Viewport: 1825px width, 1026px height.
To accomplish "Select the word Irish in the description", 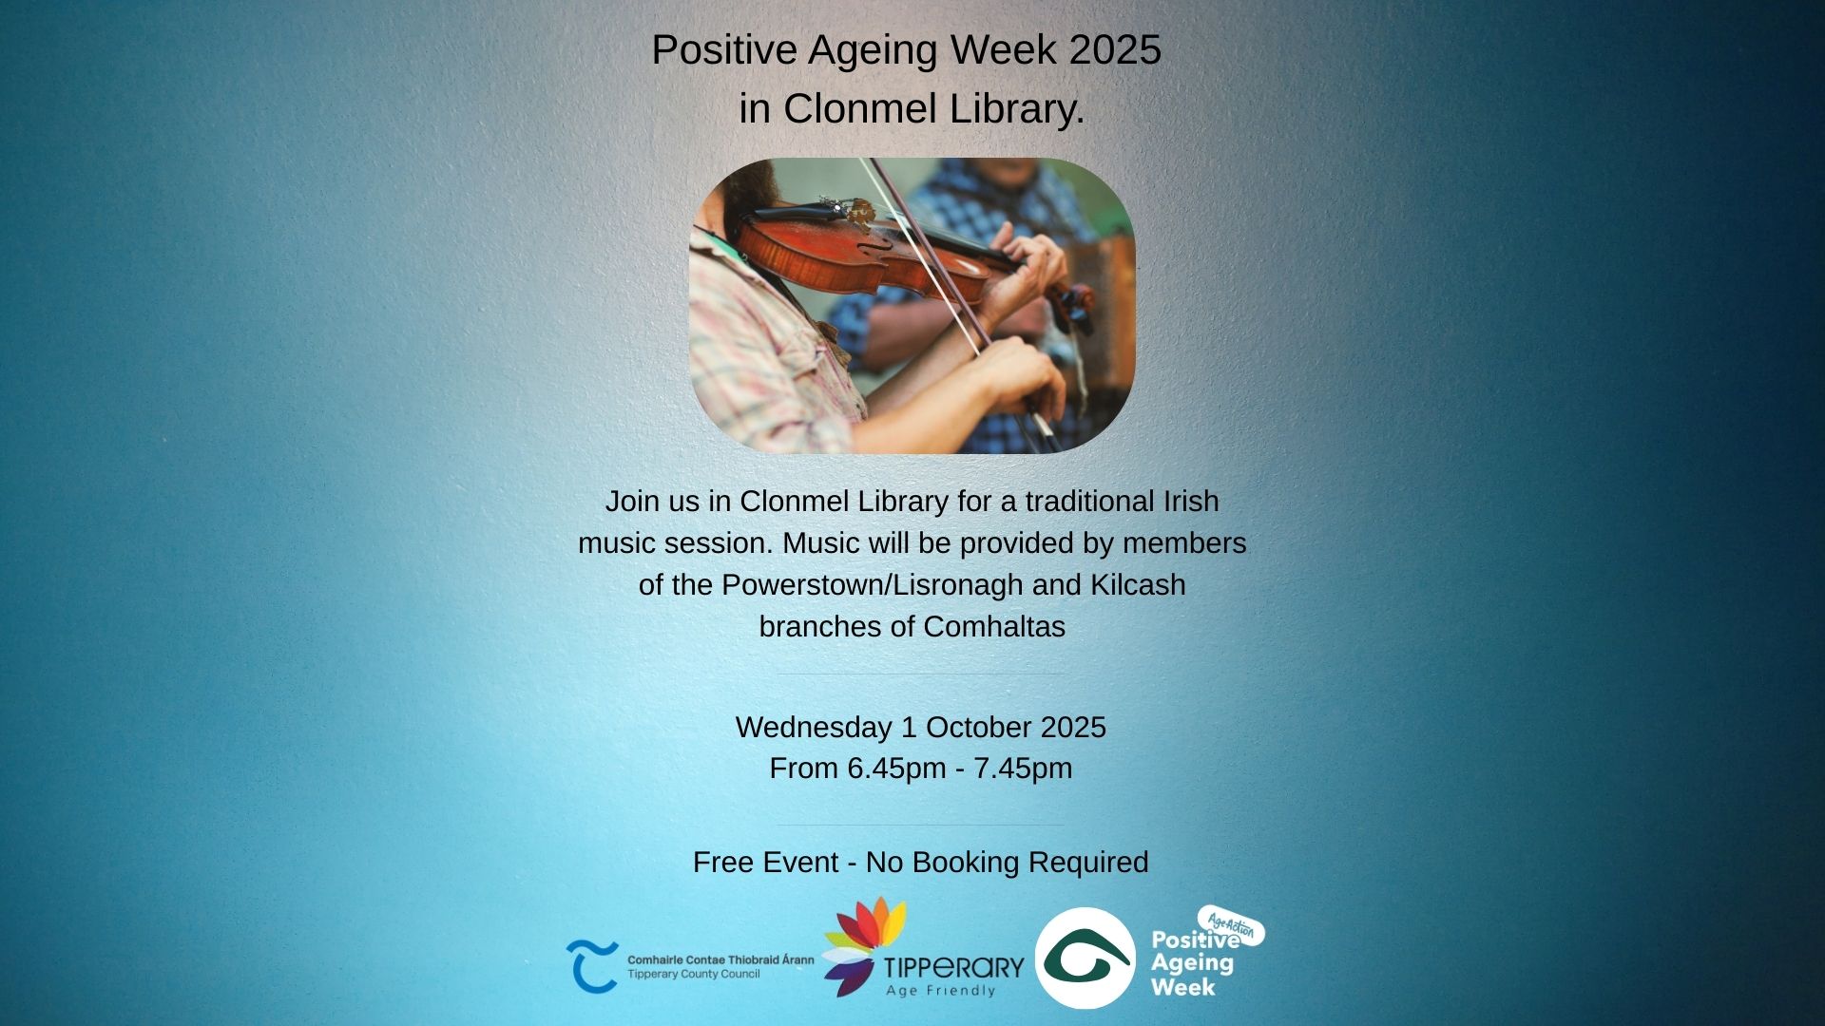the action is [1190, 502].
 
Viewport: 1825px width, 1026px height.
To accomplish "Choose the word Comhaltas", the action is [994, 627].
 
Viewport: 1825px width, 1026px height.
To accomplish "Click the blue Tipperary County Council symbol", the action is [592, 966].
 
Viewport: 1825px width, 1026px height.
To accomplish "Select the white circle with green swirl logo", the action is [1085, 958].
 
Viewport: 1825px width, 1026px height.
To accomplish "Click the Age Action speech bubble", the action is [1233, 925].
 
